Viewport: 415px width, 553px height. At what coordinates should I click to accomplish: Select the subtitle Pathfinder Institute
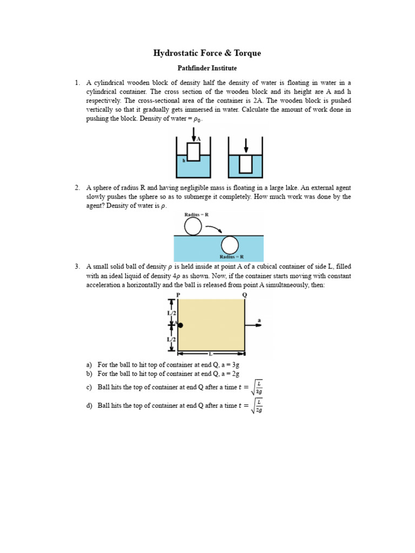click(207, 69)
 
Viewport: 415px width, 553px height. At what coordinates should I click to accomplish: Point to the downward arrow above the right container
click(246, 145)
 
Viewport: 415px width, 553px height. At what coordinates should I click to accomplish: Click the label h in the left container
click(184, 160)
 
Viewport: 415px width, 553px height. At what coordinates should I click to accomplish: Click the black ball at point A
click(180, 325)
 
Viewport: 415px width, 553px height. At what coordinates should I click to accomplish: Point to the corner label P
click(178, 294)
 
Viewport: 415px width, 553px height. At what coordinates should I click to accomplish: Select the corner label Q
click(244, 294)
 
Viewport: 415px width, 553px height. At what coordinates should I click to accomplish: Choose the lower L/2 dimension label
click(172, 339)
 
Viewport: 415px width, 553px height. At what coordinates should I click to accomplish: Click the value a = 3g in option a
click(229, 365)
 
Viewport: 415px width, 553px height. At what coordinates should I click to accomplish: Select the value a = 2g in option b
click(229, 374)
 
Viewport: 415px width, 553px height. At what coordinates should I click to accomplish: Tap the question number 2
click(77, 187)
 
